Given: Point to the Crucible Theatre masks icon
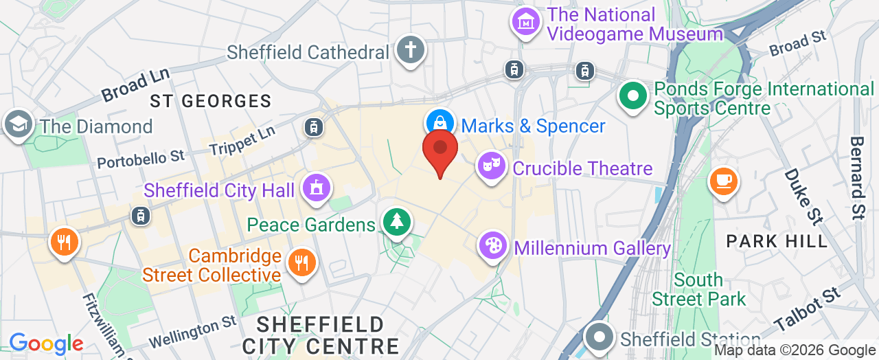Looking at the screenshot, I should pos(492,167).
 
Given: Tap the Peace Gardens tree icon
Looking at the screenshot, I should pos(396,222).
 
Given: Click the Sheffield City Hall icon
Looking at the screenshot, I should pos(317,188).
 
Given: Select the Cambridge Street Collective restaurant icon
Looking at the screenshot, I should pos(301,262).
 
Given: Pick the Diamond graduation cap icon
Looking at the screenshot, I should pos(17,124).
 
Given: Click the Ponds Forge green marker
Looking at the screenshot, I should pos(632,95).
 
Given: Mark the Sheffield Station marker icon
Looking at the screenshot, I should pos(600,339).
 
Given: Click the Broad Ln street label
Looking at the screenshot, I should pos(136,86).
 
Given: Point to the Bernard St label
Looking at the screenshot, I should pos(858,177).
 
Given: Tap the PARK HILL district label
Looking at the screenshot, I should pos(777,241).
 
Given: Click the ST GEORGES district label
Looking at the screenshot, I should pos(211,102).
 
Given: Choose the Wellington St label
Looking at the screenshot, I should pos(193,332).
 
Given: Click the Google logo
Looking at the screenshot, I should pos(46,344).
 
